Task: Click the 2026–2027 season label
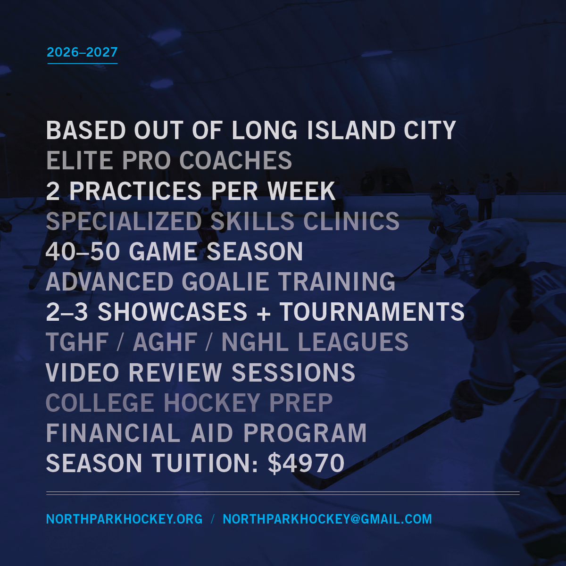[82, 52]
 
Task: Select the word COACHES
[235, 161]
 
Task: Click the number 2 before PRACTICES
[52, 191]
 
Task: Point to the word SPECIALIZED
[124, 221]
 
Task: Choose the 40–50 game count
[83, 251]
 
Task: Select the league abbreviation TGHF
[77, 342]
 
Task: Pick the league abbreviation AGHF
[165, 342]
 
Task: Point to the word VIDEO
[83, 373]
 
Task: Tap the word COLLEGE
[100, 403]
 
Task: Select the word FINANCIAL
[113, 433]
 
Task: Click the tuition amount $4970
[306, 464]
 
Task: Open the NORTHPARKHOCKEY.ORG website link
[124, 519]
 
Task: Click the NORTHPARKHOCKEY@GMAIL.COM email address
[327, 519]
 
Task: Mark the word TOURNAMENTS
[372, 312]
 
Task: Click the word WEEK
[301, 191]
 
